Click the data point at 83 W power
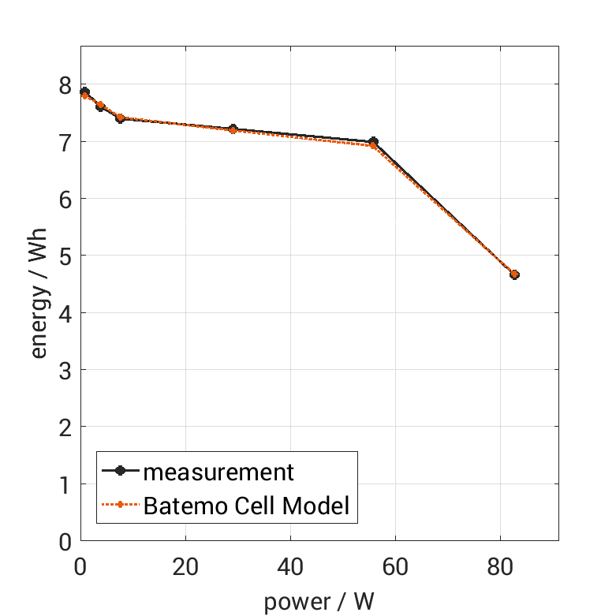pos(514,274)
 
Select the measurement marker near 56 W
pos(373,142)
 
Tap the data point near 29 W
pos(233,129)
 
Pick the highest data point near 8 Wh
pos(84,92)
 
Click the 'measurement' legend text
pos(218,472)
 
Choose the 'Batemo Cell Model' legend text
pos(246,505)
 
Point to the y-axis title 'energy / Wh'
pos(39,293)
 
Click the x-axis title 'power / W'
pos(319,602)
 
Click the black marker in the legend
pos(120,472)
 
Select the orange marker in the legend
pos(120,505)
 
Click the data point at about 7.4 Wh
pos(120,118)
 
